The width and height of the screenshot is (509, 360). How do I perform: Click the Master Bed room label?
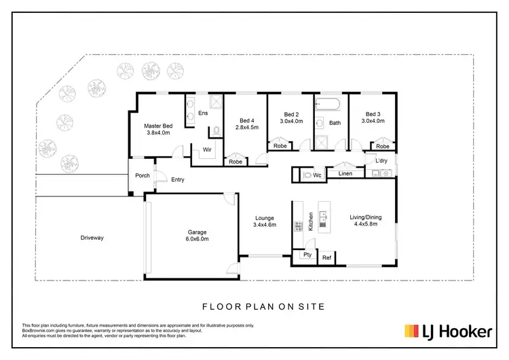pos(157,126)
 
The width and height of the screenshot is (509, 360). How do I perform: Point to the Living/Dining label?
pos(365,217)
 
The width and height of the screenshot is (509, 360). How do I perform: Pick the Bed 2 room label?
pos(291,114)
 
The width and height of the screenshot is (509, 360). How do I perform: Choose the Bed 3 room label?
pos(373,114)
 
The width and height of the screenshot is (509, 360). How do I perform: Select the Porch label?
pos(142,175)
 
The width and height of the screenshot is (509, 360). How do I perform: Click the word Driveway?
pos(92,238)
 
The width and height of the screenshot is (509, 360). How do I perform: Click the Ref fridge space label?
pos(326,257)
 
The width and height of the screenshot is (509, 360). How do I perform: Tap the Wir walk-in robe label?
pos(206,149)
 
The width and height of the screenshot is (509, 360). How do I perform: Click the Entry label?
pos(178,180)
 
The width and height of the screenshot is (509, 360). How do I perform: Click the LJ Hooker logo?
pos(449,331)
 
